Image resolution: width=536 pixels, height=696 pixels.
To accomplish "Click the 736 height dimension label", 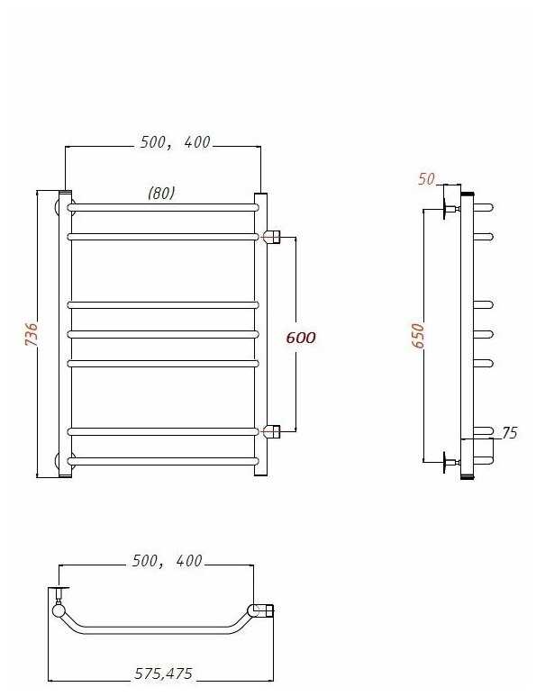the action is pyautogui.click(x=32, y=334).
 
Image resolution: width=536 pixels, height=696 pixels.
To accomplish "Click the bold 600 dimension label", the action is pyautogui.click(x=301, y=338).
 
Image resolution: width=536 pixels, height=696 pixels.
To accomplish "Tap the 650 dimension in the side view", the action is pyautogui.click(x=418, y=336).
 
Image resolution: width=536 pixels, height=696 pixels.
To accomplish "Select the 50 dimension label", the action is pyautogui.click(x=426, y=179).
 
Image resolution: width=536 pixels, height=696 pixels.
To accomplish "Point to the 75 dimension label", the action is pyautogui.click(x=510, y=433).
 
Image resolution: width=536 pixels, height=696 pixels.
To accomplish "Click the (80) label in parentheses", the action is pyautogui.click(x=161, y=193).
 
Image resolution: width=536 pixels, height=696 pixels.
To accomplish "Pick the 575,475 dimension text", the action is pyautogui.click(x=163, y=673).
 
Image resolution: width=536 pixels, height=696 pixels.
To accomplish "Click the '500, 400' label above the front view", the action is pyautogui.click(x=176, y=142).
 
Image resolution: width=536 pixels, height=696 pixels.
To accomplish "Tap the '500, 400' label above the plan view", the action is pyautogui.click(x=168, y=561).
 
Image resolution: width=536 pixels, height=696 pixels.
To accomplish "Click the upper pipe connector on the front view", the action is pyautogui.click(x=272, y=237).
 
